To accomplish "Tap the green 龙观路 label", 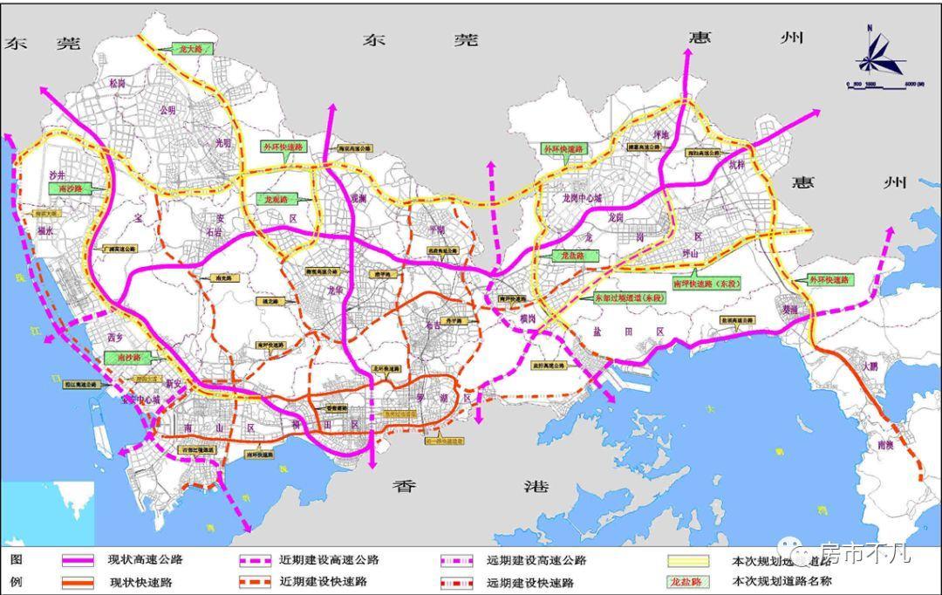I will [x=276, y=199].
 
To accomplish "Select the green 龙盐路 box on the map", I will [x=574, y=256].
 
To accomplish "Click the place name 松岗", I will [x=117, y=84].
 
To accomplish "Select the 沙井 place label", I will [x=58, y=174].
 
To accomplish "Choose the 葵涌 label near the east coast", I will [x=790, y=309].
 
